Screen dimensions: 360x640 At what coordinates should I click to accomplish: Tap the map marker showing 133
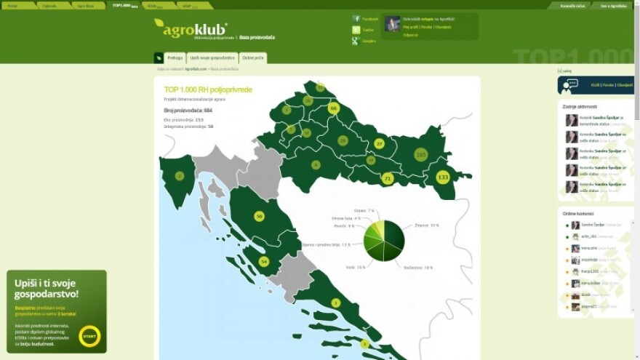tap(442, 177)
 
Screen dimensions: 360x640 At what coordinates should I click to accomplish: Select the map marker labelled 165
tap(420, 154)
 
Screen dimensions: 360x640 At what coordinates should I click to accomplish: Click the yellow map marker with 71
tap(387, 178)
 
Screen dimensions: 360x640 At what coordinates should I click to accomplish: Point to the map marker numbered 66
tap(334, 108)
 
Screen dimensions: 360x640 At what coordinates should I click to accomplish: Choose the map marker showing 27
tap(379, 143)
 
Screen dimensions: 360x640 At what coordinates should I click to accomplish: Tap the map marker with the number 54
tap(263, 261)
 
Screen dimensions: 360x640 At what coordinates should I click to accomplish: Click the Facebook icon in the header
tap(356, 19)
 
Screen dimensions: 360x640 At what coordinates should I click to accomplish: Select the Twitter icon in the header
tap(356, 30)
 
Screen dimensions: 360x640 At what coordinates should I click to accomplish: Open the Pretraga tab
tap(175, 57)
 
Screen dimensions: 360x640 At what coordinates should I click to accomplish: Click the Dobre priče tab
tap(253, 57)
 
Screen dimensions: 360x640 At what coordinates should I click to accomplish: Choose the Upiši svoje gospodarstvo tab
tap(212, 57)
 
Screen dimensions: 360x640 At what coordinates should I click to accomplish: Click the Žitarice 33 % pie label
tap(427, 225)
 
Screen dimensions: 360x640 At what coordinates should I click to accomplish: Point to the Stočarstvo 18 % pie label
tap(418, 267)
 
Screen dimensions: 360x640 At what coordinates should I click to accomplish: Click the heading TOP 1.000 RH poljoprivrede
tap(208, 89)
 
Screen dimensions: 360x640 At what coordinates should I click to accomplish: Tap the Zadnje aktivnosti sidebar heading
tap(580, 107)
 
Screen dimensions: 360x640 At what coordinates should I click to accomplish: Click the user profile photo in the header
tap(393, 23)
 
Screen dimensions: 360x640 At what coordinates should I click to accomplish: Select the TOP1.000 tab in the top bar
tap(124, 5)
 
